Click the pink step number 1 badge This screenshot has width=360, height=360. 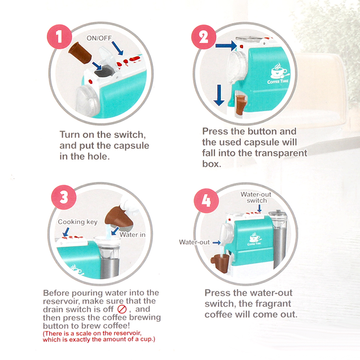[59, 36]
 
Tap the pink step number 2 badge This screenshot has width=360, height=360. [204, 37]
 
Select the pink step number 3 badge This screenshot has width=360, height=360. [63, 197]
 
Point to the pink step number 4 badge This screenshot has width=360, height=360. [206, 201]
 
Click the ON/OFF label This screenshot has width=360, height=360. [99, 38]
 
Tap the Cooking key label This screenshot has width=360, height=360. [77, 222]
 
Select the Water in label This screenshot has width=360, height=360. [132, 234]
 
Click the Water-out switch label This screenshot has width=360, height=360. [256, 198]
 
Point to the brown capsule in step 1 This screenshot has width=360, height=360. [80, 53]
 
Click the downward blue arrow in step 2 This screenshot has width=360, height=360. [219, 95]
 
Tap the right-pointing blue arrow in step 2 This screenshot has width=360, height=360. [226, 45]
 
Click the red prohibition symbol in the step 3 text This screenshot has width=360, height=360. [122, 309]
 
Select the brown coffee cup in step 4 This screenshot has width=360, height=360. [221, 263]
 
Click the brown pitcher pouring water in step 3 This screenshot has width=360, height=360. [118, 219]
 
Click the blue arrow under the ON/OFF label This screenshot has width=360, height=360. [117, 48]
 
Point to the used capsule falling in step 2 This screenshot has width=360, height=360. [241, 104]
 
